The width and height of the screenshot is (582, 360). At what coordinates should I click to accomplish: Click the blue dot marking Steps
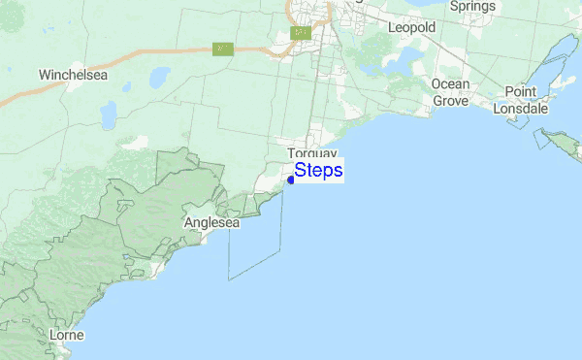291,180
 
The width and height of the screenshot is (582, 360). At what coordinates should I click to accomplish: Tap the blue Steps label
318,171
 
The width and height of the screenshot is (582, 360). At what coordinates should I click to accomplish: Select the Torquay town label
312,154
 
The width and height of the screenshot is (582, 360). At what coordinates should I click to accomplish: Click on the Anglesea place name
210,222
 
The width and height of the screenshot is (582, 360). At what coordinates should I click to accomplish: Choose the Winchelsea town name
73,74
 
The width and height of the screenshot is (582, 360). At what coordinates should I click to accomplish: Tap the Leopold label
411,28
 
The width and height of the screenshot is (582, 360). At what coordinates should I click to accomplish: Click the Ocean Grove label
450,92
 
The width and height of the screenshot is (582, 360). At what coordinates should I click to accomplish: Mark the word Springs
473,6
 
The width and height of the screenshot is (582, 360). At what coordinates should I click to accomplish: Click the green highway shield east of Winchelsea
222,49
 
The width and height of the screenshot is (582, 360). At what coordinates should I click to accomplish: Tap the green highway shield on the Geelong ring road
301,33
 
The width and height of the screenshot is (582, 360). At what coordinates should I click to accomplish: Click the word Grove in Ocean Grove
450,100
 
